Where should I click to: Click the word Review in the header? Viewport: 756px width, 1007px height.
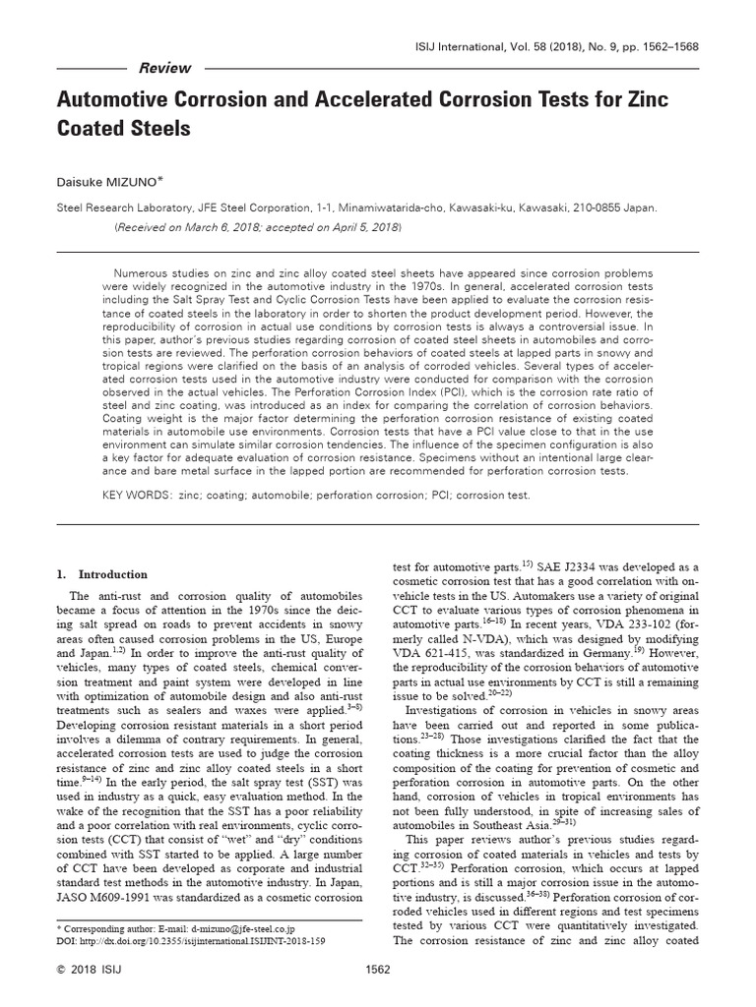(166, 69)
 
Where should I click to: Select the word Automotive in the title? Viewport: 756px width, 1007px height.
(119, 100)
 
